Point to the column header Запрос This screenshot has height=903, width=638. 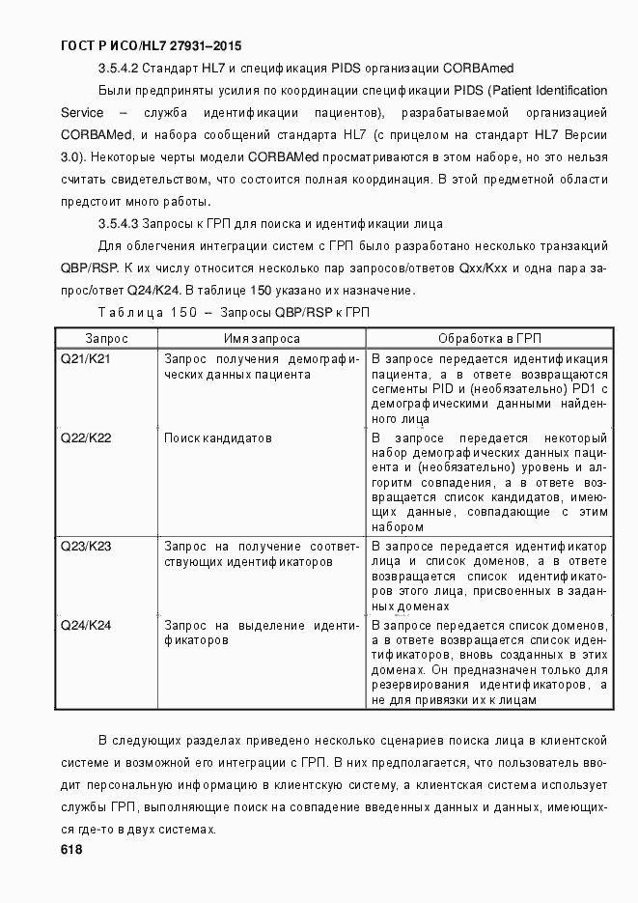[x=106, y=339]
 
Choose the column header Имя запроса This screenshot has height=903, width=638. [x=262, y=339]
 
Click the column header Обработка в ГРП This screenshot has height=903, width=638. [x=489, y=339]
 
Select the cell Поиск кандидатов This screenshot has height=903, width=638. [x=217, y=437]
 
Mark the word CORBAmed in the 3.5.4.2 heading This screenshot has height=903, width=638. [x=479, y=69]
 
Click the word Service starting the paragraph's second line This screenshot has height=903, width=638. [x=81, y=113]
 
